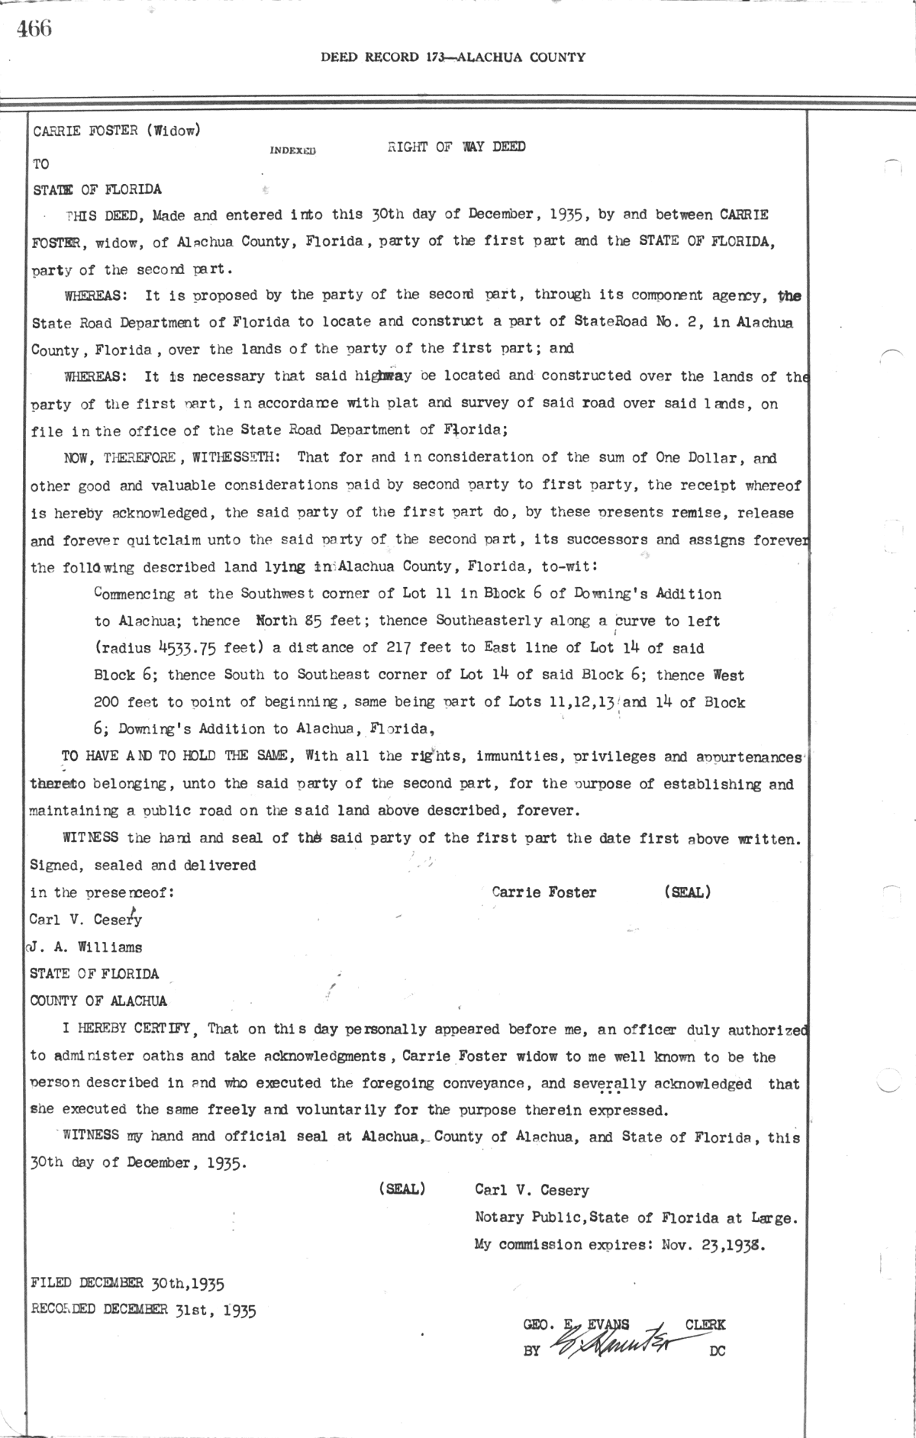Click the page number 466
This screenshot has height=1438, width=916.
coord(34,29)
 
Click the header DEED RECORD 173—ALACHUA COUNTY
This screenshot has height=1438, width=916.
coord(453,56)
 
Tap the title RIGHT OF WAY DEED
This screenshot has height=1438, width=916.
coord(456,147)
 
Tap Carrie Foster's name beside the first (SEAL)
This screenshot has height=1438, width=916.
coord(543,891)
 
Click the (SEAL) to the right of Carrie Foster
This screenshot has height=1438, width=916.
coord(687,891)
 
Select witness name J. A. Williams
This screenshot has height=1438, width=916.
coord(85,947)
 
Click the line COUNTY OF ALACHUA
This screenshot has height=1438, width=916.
coord(98,1001)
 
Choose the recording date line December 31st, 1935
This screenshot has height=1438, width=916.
coord(143,1311)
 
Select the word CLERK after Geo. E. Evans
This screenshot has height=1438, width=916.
coord(705,1325)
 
